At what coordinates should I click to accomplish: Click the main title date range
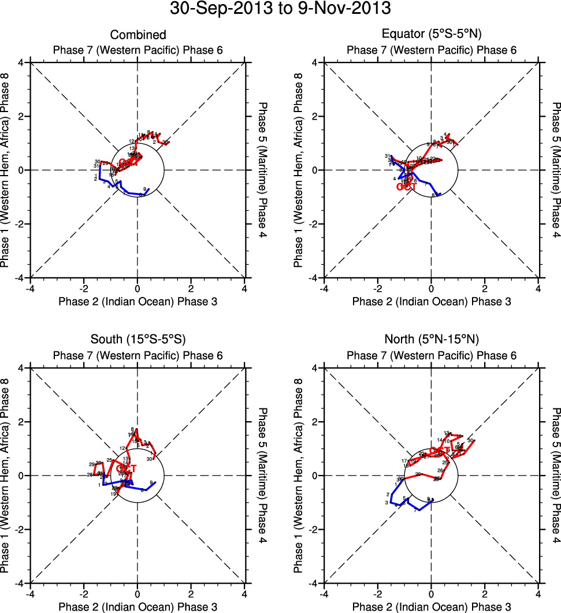[280, 10]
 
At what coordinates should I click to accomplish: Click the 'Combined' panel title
[138, 35]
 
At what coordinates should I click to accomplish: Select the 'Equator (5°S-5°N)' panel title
[432, 35]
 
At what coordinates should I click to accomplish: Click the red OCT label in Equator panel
[407, 187]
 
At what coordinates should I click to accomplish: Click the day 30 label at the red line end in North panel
[470, 441]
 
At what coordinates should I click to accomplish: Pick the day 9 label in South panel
[151, 482]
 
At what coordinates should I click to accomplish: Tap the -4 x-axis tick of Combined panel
[30, 288]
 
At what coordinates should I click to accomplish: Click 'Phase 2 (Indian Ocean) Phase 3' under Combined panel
[138, 301]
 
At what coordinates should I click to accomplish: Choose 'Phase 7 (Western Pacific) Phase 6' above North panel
[432, 355]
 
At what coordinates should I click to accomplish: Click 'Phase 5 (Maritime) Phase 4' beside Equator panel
[555, 170]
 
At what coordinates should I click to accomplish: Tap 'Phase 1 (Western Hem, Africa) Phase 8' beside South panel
[6, 475]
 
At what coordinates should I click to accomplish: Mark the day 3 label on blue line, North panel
[385, 503]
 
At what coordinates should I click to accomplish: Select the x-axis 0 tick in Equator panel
[431, 288]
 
